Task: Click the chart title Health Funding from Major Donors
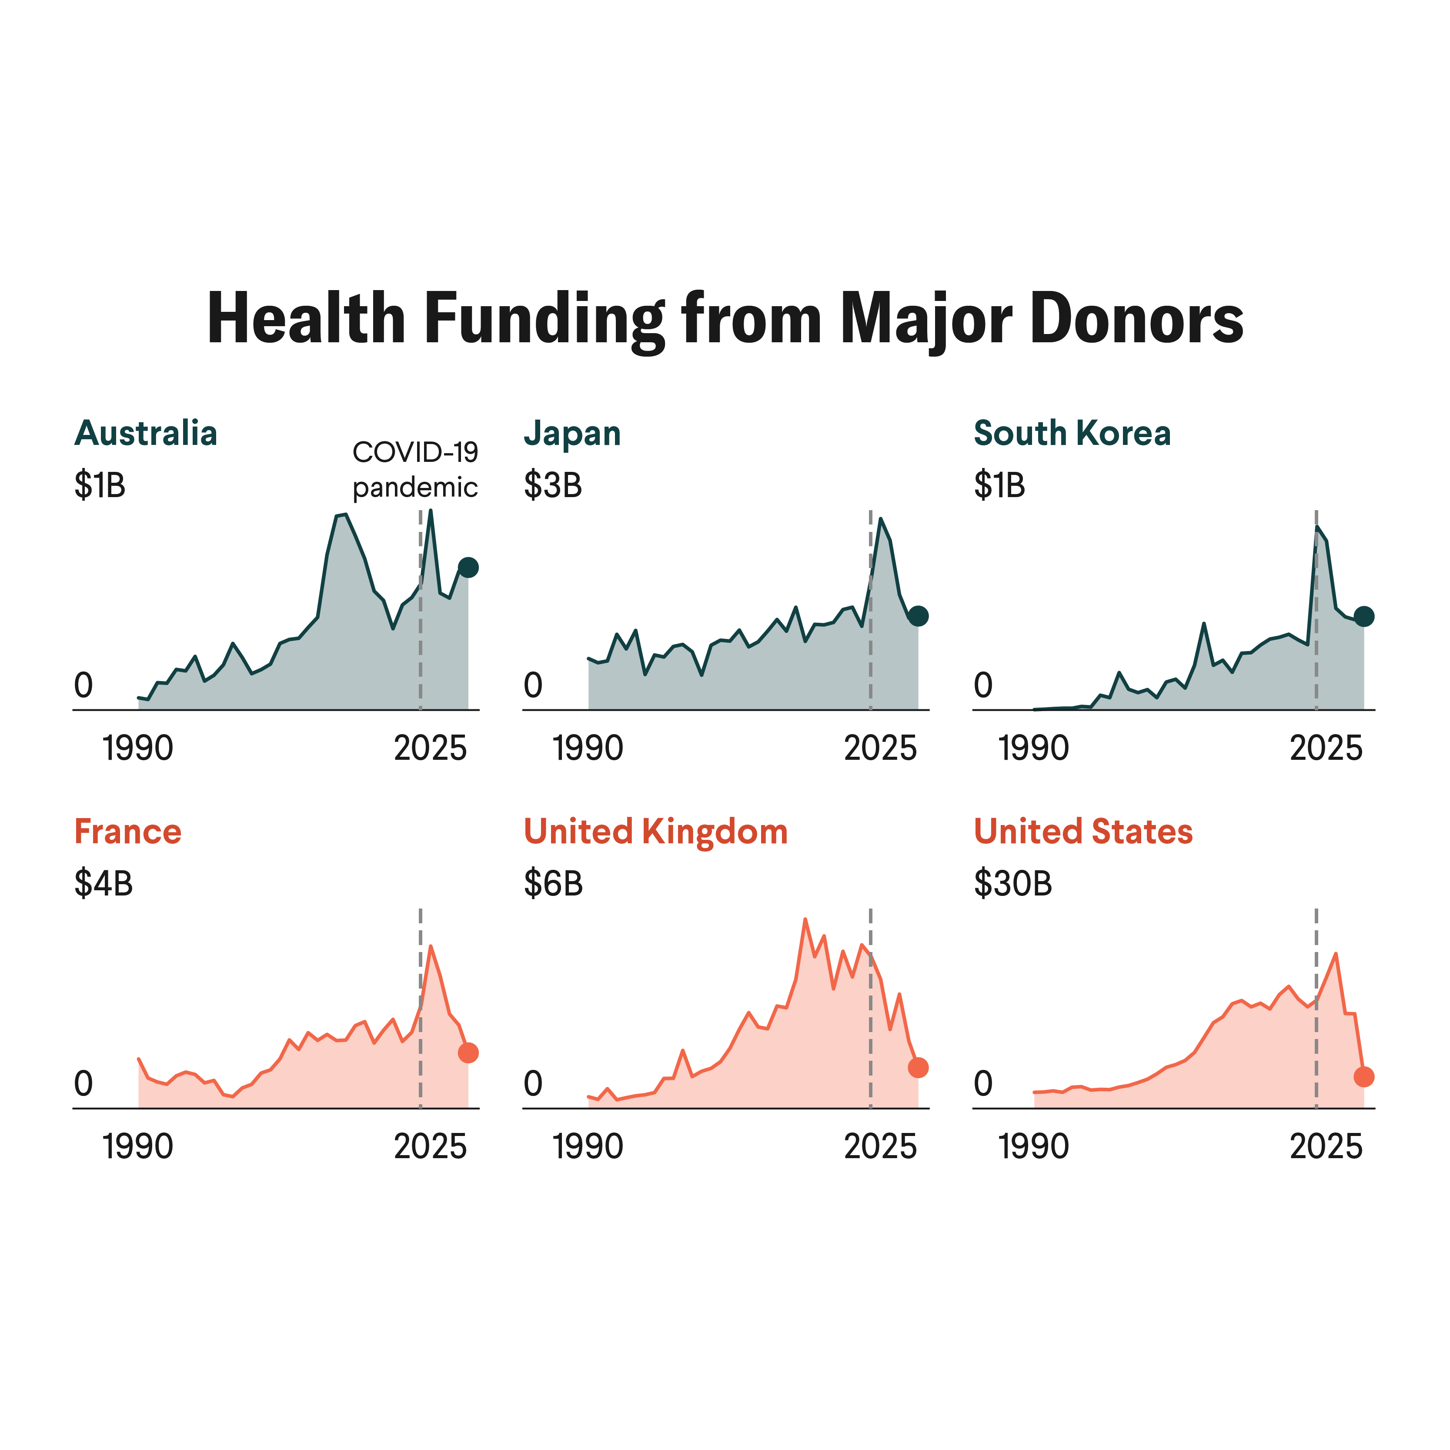click(725, 319)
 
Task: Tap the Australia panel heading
click(146, 433)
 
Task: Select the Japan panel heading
click(572, 434)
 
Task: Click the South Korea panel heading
click(1072, 433)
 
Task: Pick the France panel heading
click(127, 832)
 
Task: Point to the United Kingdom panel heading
click(655, 832)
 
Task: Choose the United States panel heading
click(1083, 832)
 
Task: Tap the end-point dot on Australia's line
click(468, 568)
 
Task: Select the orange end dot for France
click(468, 1053)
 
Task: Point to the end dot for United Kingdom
click(918, 1067)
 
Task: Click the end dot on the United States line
click(1364, 1077)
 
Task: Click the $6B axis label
click(553, 884)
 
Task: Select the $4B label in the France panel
click(104, 884)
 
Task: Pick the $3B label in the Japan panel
click(553, 486)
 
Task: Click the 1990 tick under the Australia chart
click(138, 748)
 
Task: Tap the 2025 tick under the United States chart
click(1326, 1147)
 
